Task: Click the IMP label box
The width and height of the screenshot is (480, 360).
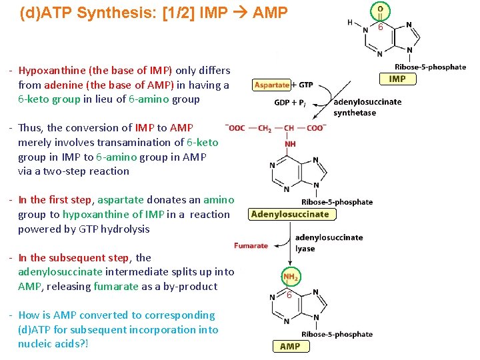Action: (x=397, y=79)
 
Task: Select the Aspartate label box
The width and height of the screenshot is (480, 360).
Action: (x=271, y=85)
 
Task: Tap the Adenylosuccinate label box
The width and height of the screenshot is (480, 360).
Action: (x=290, y=214)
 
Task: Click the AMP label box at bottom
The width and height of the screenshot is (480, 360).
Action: (x=290, y=346)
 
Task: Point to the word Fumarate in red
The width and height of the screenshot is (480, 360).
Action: (x=251, y=245)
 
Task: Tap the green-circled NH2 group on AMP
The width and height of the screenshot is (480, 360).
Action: (x=291, y=276)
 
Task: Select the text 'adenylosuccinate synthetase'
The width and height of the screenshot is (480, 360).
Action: (x=367, y=107)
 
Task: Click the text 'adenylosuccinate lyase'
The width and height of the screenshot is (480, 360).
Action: (x=329, y=243)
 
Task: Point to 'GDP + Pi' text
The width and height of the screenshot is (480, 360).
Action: (x=290, y=103)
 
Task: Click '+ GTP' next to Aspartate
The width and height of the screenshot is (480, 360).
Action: (x=303, y=85)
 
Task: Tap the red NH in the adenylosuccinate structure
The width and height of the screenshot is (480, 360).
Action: (x=291, y=143)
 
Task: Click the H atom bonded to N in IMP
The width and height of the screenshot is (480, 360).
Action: (x=350, y=23)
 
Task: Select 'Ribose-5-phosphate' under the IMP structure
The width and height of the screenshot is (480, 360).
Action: (x=430, y=67)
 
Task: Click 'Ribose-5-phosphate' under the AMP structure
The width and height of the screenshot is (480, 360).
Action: (x=337, y=334)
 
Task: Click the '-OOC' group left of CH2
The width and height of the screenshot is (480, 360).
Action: (x=235, y=127)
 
